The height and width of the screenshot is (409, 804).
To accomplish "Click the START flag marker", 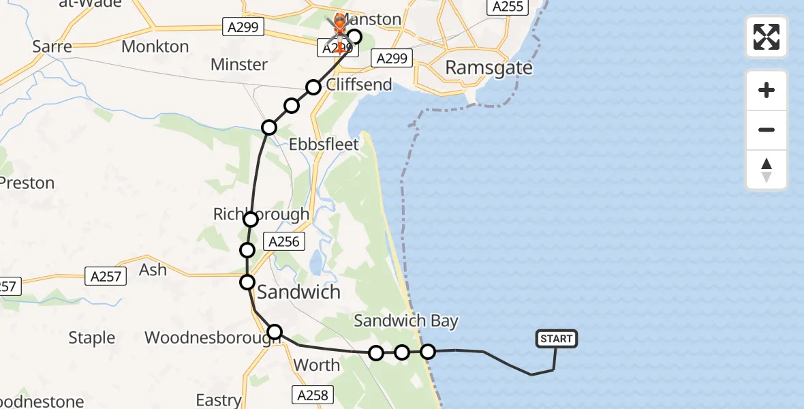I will click(557, 339).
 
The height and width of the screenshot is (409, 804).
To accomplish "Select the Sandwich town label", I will click(298, 292).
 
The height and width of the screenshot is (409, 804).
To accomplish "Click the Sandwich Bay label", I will click(405, 321).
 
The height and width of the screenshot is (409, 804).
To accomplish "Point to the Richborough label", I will click(261, 214).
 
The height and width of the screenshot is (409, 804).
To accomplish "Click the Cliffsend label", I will click(359, 85).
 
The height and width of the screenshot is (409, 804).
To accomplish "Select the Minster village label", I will click(238, 65).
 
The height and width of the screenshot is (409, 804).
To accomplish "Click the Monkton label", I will click(155, 46).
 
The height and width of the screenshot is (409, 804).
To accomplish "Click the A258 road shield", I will click(313, 394).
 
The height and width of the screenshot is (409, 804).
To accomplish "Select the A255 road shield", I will click(506, 7).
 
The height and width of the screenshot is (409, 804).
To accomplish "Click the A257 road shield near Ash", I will click(106, 276).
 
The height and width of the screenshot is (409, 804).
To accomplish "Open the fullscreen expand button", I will click(766, 37).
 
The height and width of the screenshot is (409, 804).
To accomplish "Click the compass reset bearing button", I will click(766, 170).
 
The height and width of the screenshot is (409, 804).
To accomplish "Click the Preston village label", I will click(27, 183).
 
